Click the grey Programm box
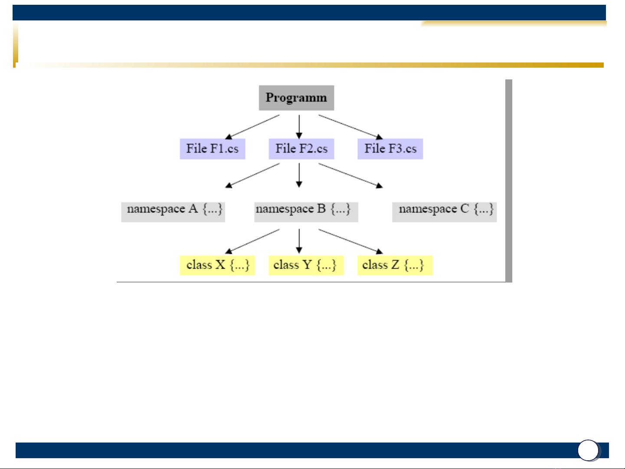tap(296, 98)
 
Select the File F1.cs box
tap(213, 149)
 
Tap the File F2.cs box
tap(301, 149)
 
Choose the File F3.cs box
tap(390, 149)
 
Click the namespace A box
tap(173, 211)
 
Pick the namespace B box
tap(306, 211)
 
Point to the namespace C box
tap(444, 211)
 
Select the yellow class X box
tap(217, 265)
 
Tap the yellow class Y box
tap(306, 265)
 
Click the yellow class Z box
tap(395, 265)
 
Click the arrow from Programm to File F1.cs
tap(252, 127)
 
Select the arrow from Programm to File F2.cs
tap(299, 126)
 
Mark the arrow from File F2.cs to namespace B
tap(299, 175)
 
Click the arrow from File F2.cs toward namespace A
tap(252, 175)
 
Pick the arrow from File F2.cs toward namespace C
tap(350, 175)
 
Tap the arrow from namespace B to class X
tap(252, 241)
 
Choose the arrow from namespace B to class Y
tap(299, 241)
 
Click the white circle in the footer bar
tap(589, 450)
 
